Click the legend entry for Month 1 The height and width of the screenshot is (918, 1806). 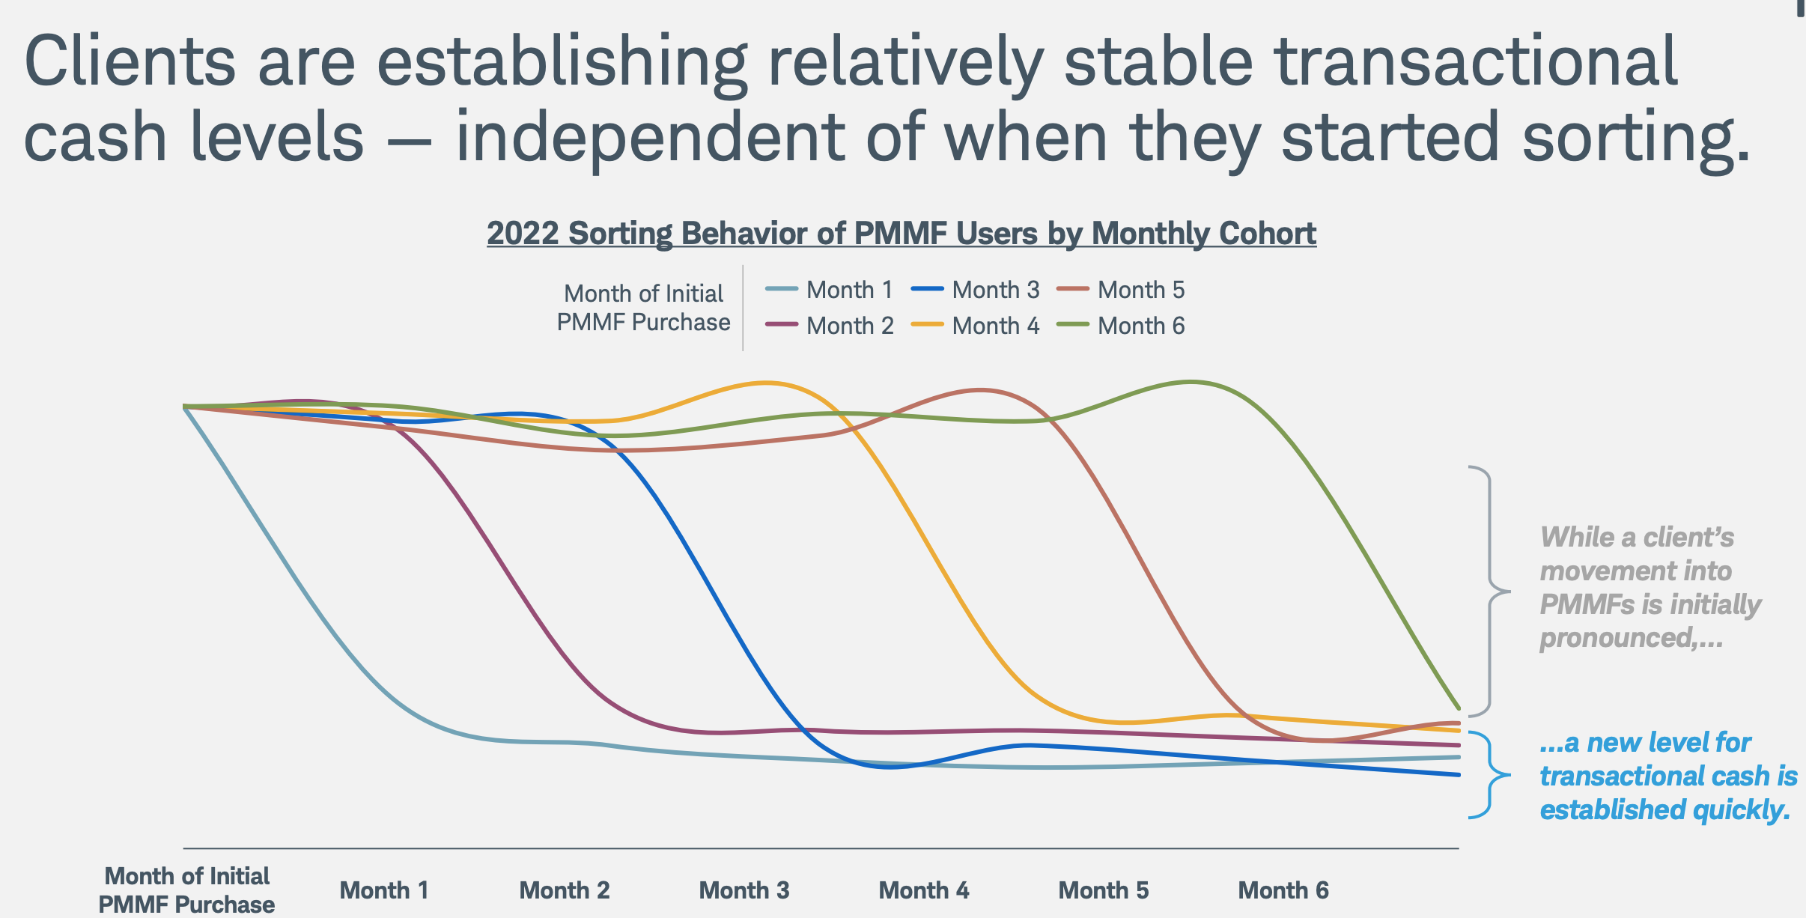(830, 290)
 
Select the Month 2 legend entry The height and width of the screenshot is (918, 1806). (830, 326)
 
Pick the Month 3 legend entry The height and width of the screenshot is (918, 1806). (976, 290)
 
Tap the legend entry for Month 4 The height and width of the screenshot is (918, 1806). (976, 326)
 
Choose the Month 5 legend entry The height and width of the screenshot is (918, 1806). (1121, 290)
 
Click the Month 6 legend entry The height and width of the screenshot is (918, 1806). (1121, 326)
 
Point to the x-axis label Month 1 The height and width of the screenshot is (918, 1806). (384, 890)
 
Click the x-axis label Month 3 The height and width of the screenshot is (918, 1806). (744, 890)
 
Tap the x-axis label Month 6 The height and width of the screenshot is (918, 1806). (1283, 890)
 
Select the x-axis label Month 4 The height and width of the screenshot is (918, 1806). (923, 890)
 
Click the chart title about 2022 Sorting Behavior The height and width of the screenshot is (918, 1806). (901, 234)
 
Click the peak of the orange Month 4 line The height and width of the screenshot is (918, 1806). (765, 383)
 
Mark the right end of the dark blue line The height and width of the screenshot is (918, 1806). (1458, 774)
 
